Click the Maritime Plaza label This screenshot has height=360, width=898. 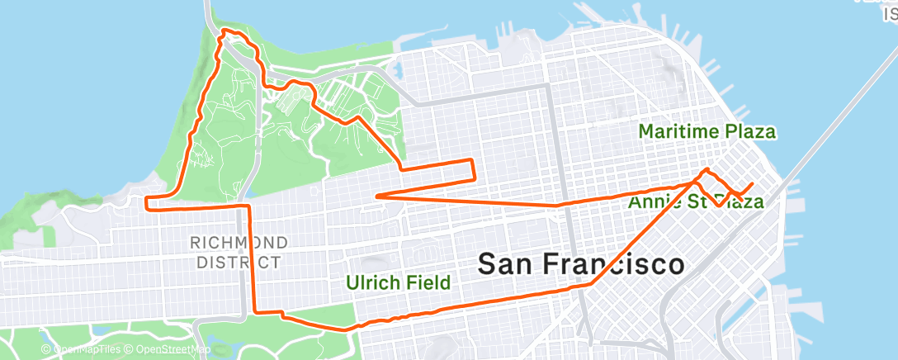coord(707,131)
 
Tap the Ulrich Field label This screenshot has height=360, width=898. coord(399,283)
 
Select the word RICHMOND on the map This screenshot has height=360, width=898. coord(239,243)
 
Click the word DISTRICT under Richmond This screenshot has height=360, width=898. coord(239,263)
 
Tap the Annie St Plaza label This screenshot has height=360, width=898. coord(695,201)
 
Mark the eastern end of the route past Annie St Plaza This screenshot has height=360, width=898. coord(752,182)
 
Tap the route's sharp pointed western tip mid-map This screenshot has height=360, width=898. coord(376,196)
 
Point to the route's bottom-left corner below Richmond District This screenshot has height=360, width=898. coord(254,311)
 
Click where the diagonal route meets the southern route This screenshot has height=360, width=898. coord(591,283)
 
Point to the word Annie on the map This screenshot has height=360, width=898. coord(654,201)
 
